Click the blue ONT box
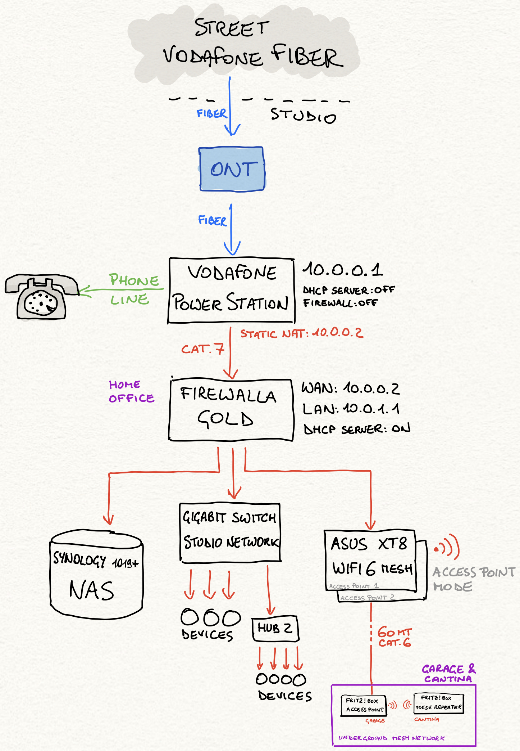[x=232, y=169]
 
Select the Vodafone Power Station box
[x=231, y=290]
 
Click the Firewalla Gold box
[x=231, y=410]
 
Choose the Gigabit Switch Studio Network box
[x=230, y=532]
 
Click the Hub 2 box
[x=275, y=628]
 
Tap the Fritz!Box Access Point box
[x=364, y=705]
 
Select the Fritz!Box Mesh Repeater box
[x=438, y=703]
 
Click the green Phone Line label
[x=133, y=289]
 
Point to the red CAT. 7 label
[x=203, y=349]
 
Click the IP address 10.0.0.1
[x=342, y=270]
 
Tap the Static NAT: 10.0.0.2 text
[x=301, y=333]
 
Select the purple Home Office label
[x=131, y=391]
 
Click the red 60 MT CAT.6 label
[x=394, y=637]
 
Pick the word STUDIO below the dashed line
[x=303, y=115]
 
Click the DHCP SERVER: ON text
[x=357, y=429]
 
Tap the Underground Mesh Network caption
[x=391, y=738]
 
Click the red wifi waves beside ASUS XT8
[x=447, y=547]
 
